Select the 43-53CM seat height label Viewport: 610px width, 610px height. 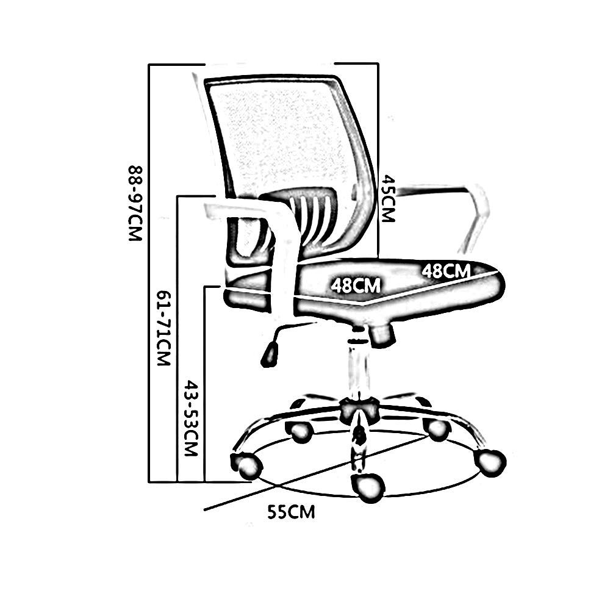coord(192,420)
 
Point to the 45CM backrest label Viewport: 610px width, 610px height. coord(387,199)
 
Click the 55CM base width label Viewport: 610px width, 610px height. coord(291,512)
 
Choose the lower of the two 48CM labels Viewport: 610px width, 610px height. coord(356,285)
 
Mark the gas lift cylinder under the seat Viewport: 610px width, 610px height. coord(357,366)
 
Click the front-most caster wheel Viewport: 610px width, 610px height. coord(368,487)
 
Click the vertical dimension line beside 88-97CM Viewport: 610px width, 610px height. coord(149,274)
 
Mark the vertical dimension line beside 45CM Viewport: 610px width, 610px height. coord(379,122)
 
